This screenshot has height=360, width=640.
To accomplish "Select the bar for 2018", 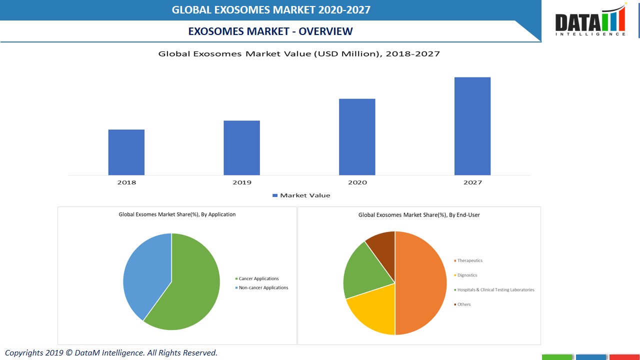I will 126,152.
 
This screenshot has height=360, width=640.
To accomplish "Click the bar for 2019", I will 241,147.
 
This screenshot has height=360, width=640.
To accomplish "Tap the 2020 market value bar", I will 357,136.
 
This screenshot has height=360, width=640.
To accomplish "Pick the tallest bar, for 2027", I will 472,126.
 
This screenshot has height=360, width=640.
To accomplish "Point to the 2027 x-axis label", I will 472,182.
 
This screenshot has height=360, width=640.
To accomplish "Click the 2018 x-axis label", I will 126,182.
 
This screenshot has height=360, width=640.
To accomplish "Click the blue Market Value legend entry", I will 301,195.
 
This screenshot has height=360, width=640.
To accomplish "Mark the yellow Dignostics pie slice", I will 372,312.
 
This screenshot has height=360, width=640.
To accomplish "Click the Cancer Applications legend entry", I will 257,278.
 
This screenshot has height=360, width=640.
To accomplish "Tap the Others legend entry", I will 462,304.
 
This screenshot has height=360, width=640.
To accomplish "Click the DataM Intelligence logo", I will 590,21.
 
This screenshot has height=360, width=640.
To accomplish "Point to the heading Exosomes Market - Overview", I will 270,31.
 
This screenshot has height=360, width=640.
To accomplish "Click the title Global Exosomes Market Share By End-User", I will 419,215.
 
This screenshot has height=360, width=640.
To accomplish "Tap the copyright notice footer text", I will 111,353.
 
